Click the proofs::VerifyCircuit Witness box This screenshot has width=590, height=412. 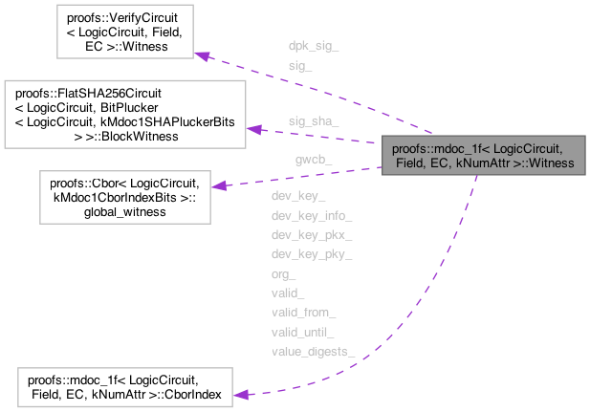[x=126, y=33]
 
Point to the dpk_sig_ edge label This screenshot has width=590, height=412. [x=312, y=46]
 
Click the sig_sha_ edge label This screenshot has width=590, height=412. [x=313, y=121]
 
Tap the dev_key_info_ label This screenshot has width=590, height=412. [x=312, y=216]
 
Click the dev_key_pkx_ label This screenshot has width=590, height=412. [x=312, y=235]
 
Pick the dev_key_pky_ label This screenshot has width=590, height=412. [x=312, y=254]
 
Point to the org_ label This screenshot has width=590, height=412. [x=284, y=273]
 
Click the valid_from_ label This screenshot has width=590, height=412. [x=303, y=313]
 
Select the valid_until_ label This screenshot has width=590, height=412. [x=303, y=332]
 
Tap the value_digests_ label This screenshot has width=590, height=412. [x=313, y=352]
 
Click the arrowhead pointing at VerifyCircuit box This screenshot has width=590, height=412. [x=203, y=54]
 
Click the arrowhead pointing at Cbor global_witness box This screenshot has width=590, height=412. [x=217, y=185]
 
